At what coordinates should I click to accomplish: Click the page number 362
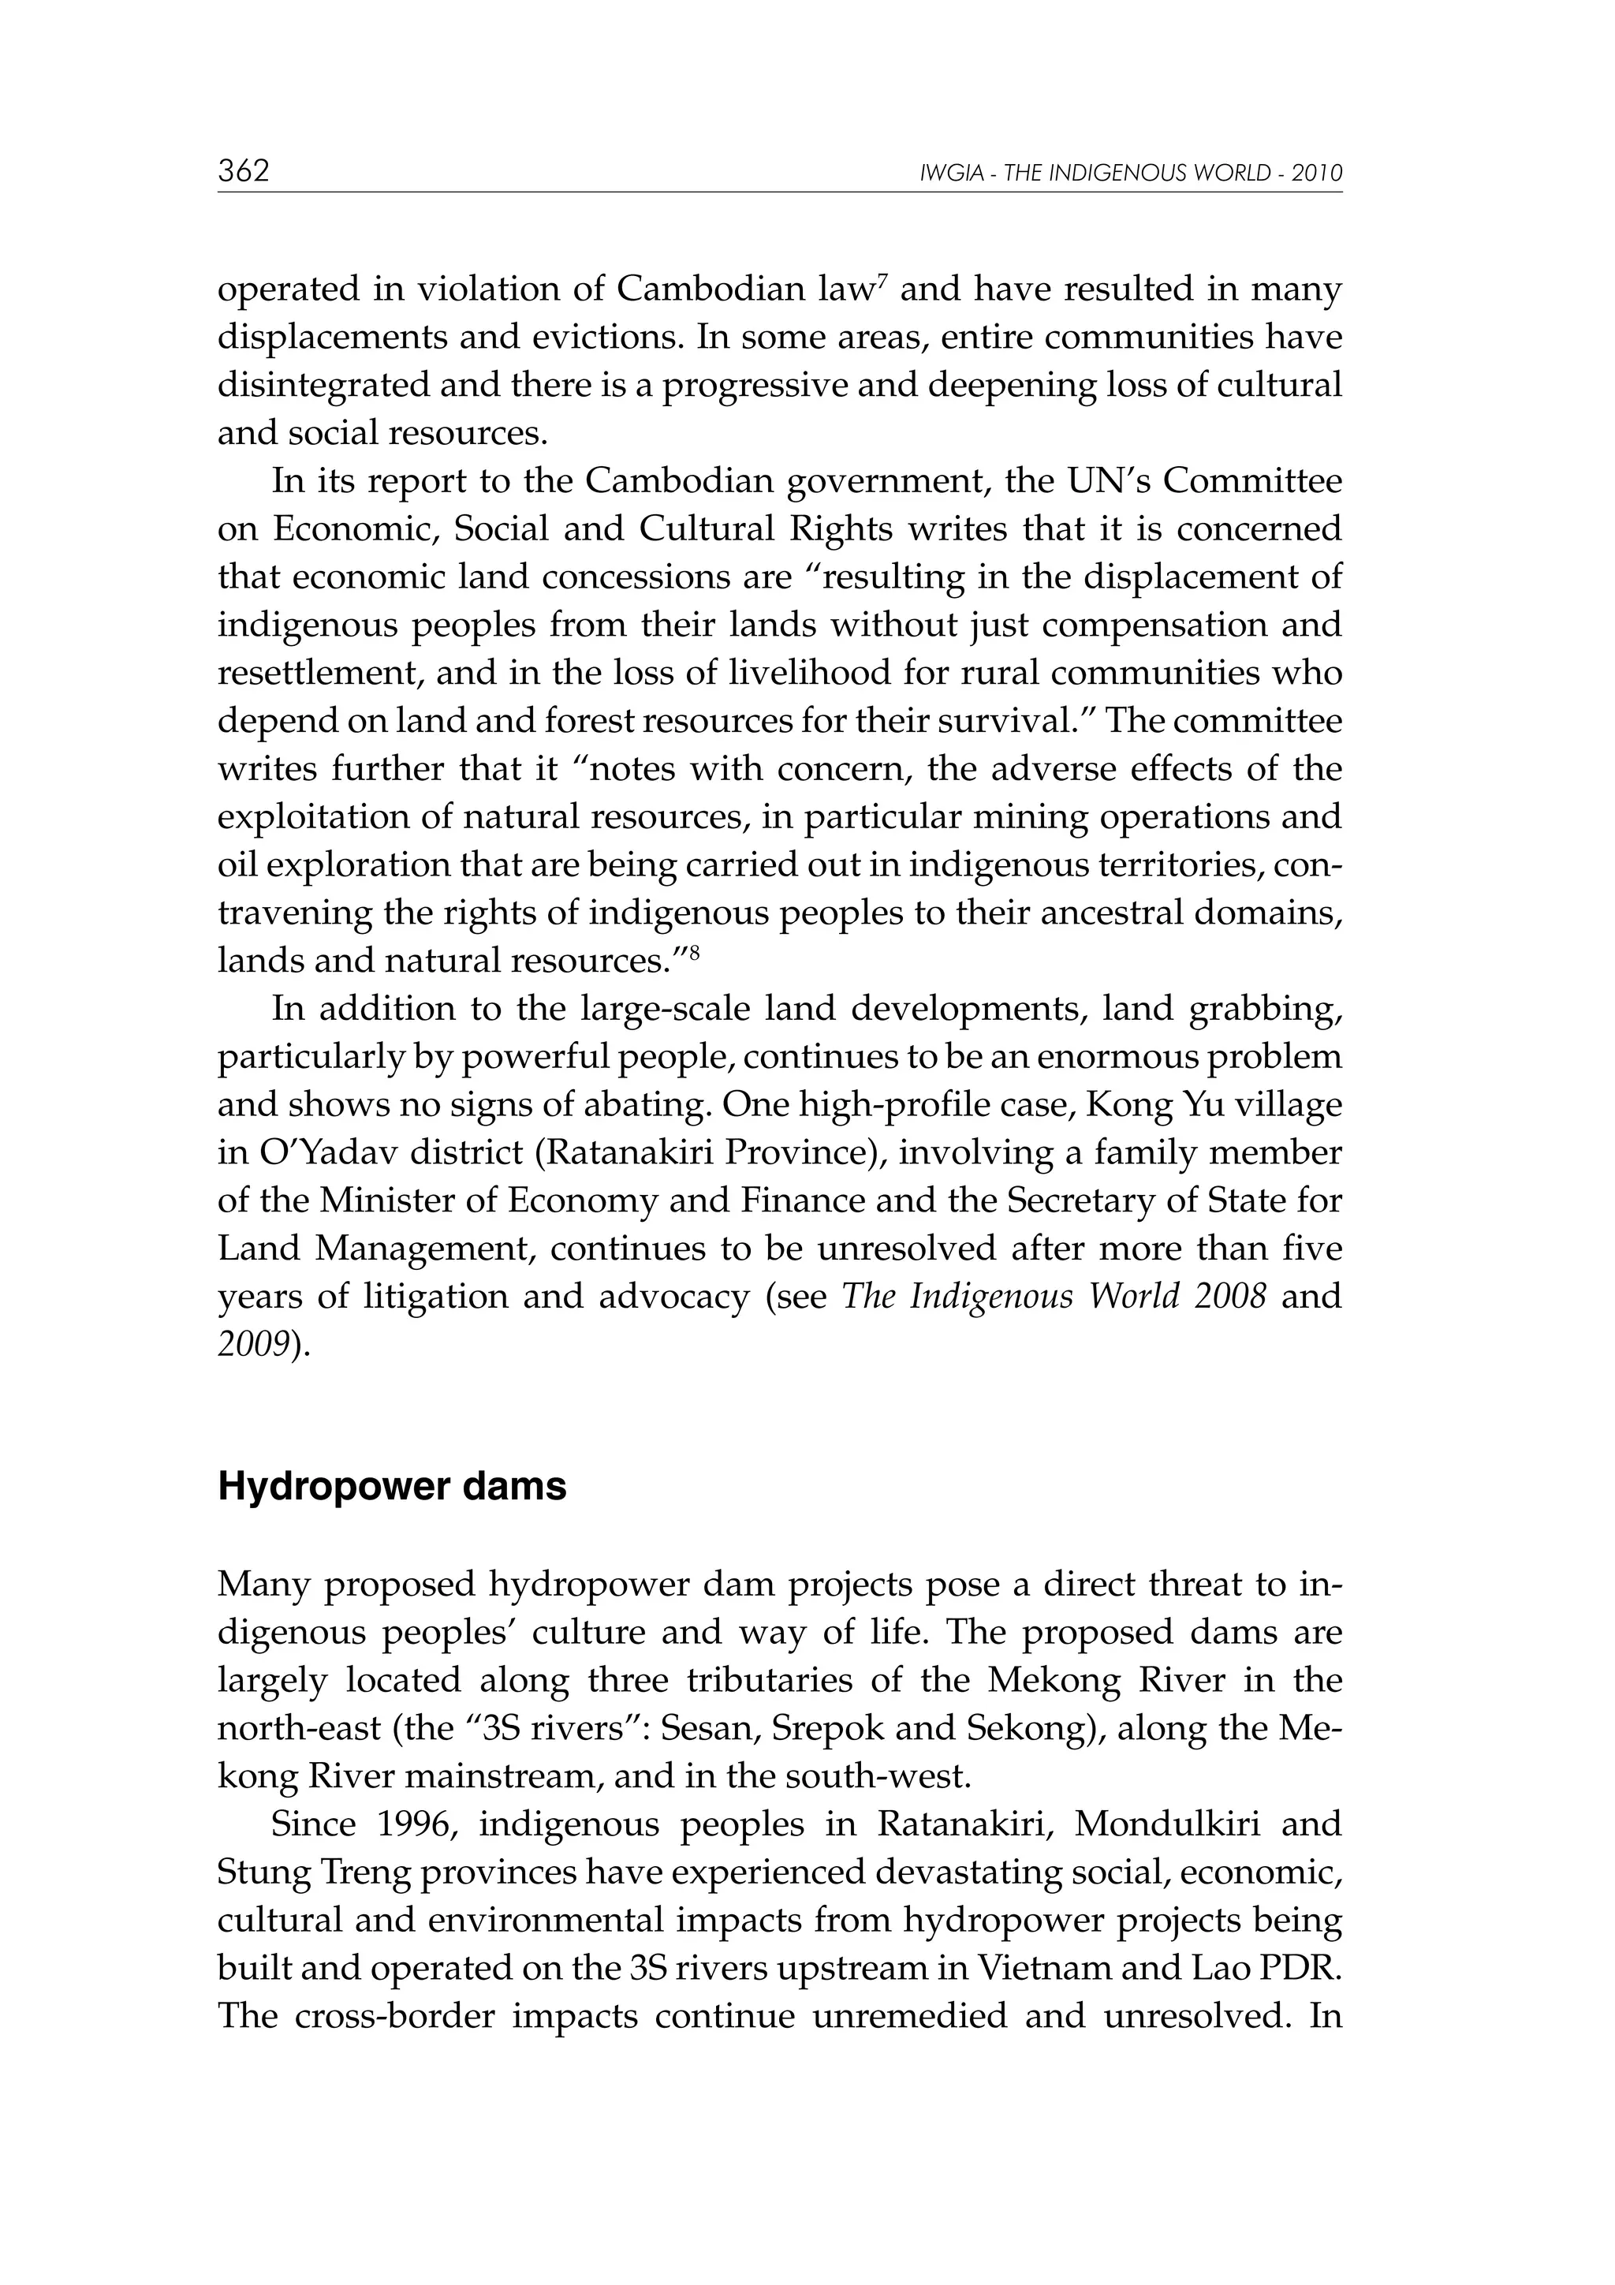click(x=244, y=171)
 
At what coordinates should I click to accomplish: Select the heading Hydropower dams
click(x=392, y=1487)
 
